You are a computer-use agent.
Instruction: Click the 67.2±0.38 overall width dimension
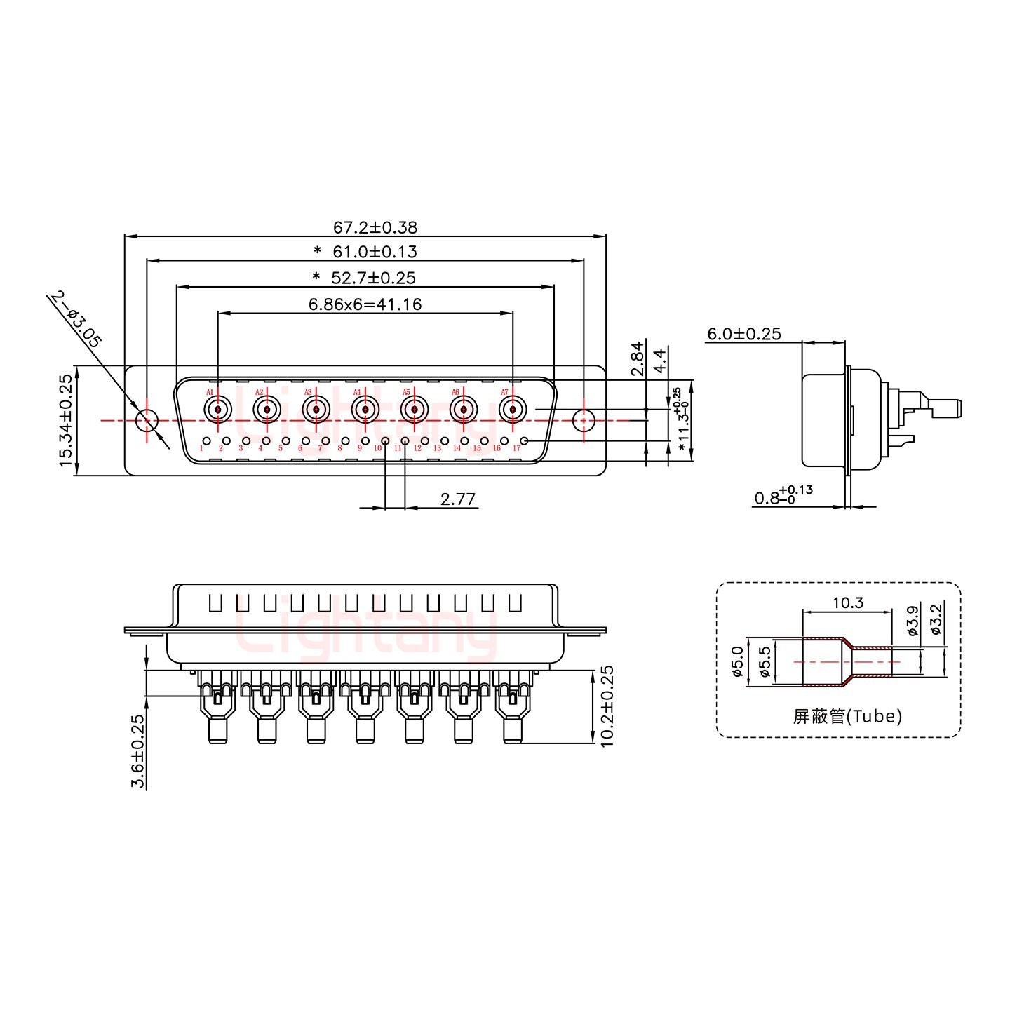coord(375,227)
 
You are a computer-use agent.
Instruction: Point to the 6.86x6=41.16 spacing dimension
coord(365,304)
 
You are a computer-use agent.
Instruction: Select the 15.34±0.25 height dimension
coord(65,420)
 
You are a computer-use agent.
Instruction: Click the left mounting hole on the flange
coord(147,421)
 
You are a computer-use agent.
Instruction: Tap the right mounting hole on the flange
coord(583,421)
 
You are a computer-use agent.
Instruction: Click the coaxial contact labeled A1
coord(218,408)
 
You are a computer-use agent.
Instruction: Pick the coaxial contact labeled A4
coord(365,408)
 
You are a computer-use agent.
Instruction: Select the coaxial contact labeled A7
coord(513,408)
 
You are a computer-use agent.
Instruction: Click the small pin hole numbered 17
coord(523,441)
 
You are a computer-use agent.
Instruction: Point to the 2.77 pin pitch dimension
coord(458,499)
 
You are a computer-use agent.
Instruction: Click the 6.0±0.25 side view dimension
coord(743,334)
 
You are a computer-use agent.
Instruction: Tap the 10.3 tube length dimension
coord(847,602)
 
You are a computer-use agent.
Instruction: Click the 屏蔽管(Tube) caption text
coord(847,716)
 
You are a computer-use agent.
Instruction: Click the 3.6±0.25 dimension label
coord(138,751)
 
